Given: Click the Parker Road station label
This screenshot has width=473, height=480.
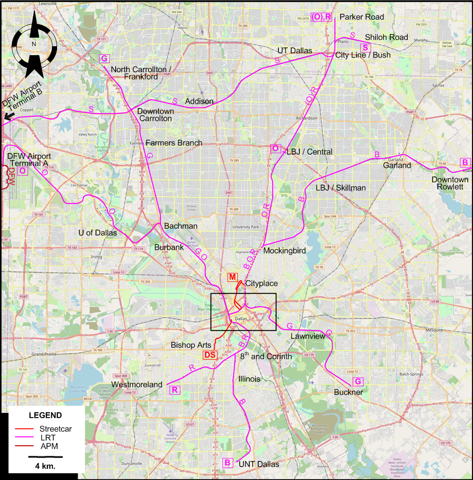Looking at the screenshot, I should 362,17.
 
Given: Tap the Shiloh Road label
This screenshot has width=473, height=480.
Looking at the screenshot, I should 386,37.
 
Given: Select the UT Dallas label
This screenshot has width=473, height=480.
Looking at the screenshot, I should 295,50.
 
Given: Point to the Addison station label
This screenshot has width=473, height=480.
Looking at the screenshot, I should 199,101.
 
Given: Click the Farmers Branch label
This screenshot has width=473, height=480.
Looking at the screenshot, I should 174,143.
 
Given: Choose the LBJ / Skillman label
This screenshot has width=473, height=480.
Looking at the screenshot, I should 341,188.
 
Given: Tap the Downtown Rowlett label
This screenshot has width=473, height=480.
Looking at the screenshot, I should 450,183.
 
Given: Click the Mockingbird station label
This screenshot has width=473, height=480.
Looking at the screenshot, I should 284,250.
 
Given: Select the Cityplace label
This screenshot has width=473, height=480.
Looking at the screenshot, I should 261,284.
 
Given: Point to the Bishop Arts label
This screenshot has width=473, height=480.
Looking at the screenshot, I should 191,344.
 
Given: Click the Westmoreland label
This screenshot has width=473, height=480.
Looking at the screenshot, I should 137,384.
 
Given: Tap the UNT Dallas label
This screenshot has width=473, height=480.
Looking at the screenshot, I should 259,464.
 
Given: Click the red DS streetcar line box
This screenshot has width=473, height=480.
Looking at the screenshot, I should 210,355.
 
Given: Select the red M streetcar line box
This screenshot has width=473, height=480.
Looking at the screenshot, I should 232,277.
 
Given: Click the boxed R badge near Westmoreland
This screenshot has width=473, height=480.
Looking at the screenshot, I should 175,390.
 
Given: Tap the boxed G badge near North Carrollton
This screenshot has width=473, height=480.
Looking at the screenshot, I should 104,59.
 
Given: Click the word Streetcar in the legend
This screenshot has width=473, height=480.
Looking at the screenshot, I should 56,429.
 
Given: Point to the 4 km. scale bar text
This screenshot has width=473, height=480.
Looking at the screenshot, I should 45,466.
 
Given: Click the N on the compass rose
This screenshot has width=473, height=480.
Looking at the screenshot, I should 34,44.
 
